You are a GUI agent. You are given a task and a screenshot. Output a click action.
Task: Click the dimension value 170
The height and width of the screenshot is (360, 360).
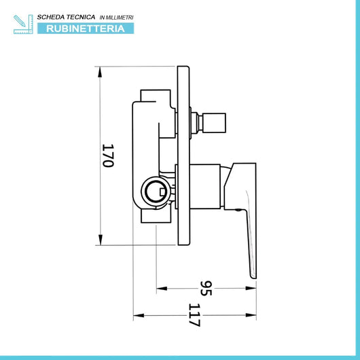coord(108,156)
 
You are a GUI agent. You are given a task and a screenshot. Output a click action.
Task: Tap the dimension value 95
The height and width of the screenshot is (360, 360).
coord(206,288)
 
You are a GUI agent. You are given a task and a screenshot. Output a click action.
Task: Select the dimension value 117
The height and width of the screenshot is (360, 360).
coord(194,315)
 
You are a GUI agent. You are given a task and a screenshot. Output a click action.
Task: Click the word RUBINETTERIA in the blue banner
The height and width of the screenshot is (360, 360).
coord(86,29)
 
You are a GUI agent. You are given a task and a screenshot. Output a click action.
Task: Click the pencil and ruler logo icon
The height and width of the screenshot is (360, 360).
coord(23,24)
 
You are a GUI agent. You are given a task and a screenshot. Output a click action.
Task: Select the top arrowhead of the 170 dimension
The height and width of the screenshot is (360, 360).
coord(100,72)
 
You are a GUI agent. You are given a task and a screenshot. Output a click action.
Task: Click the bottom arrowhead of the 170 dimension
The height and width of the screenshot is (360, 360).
coord(100,240)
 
